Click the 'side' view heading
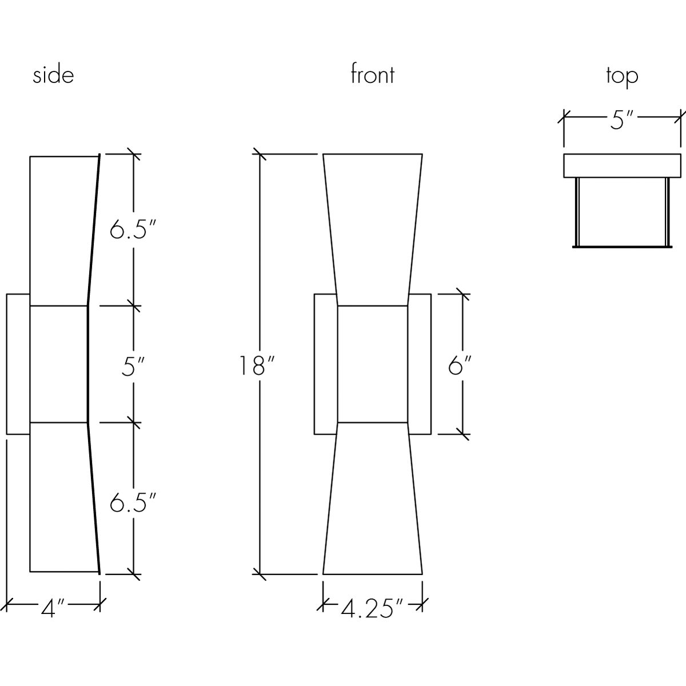point(53,76)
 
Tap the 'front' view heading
point(372,74)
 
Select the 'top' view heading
point(622,77)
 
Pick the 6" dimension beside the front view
point(460,365)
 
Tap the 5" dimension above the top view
point(622,119)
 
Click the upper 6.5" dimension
point(133,229)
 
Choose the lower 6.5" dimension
point(133,502)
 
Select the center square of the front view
point(372,364)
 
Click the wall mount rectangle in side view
point(18,364)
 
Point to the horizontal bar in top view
point(622,166)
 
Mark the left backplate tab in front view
point(326,364)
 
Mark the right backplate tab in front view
point(420,364)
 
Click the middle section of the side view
point(59,364)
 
